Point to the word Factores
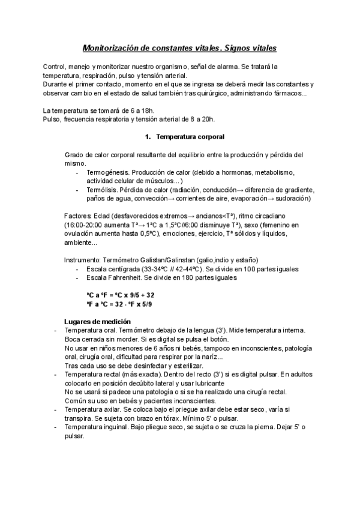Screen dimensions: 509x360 [x=78, y=215]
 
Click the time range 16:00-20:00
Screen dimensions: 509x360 [x=83, y=224]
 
